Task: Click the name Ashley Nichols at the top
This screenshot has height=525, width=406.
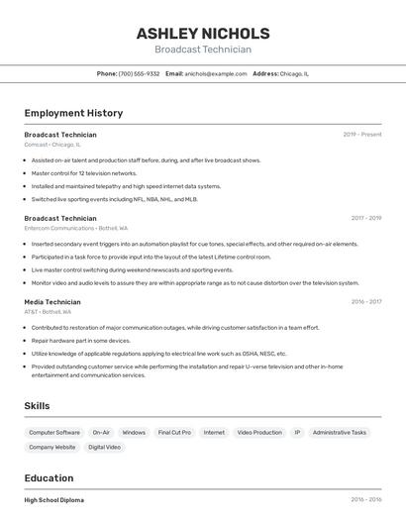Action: coord(203,34)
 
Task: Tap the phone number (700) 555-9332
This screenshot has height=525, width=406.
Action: coord(139,73)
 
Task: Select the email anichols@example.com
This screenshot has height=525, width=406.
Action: coord(216,73)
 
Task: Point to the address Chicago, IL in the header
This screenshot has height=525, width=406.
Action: coord(294,73)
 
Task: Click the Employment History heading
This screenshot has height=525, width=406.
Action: coord(73,114)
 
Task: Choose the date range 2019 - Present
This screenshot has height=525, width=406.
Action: coord(362,135)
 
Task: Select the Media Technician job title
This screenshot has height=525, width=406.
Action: coord(52,302)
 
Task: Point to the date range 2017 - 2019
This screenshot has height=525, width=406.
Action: coord(365,218)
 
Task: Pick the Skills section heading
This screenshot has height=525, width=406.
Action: coord(37,406)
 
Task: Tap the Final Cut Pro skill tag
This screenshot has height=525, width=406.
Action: coord(174,433)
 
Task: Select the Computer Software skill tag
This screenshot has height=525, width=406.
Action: coord(54,433)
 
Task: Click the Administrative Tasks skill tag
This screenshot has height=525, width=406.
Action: coord(339,433)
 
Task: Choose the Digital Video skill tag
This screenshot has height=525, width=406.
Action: coord(104,448)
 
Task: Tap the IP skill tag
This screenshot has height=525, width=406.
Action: coord(297,433)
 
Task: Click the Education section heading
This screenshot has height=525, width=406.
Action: coord(49,478)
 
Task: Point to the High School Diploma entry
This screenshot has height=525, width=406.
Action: coord(54,500)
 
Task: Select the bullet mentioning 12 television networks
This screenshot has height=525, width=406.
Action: coord(84,173)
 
